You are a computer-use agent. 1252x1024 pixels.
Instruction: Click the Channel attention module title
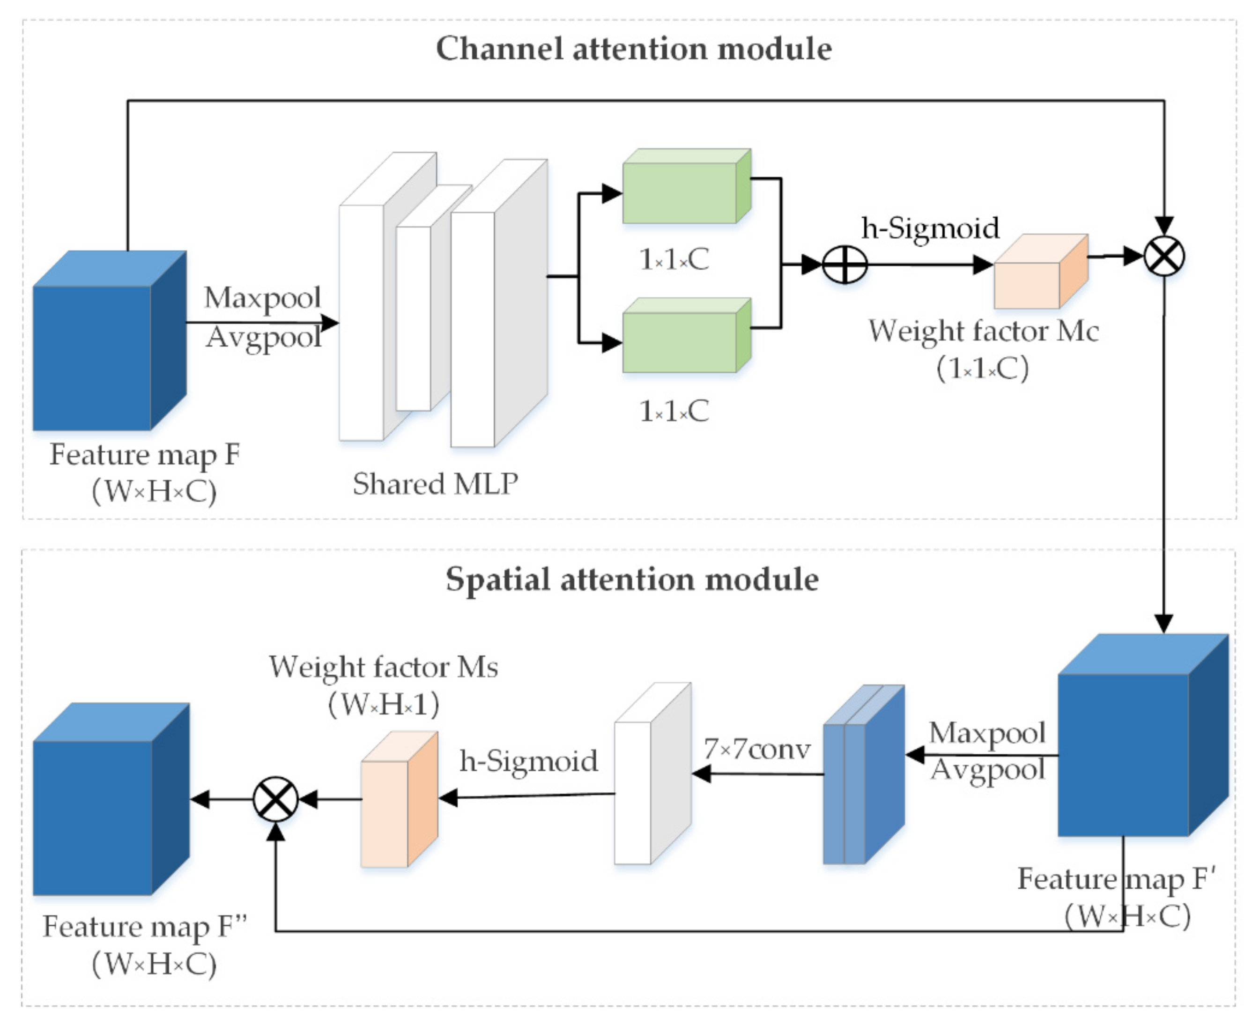(x=633, y=48)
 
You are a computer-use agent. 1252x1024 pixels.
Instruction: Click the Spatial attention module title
(x=631, y=579)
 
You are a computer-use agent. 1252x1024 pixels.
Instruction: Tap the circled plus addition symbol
(x=845, y=265)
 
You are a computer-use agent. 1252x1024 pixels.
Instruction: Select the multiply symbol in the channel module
(x=1163, y=257)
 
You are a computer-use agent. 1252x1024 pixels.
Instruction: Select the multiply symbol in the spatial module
(x=275, y=799)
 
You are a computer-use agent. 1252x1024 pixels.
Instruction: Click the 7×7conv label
(x=757, y=749)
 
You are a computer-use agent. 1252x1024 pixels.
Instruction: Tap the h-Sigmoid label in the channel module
(x=930, y=228)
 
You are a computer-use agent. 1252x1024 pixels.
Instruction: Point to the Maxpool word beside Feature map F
(x=263, y=297)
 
